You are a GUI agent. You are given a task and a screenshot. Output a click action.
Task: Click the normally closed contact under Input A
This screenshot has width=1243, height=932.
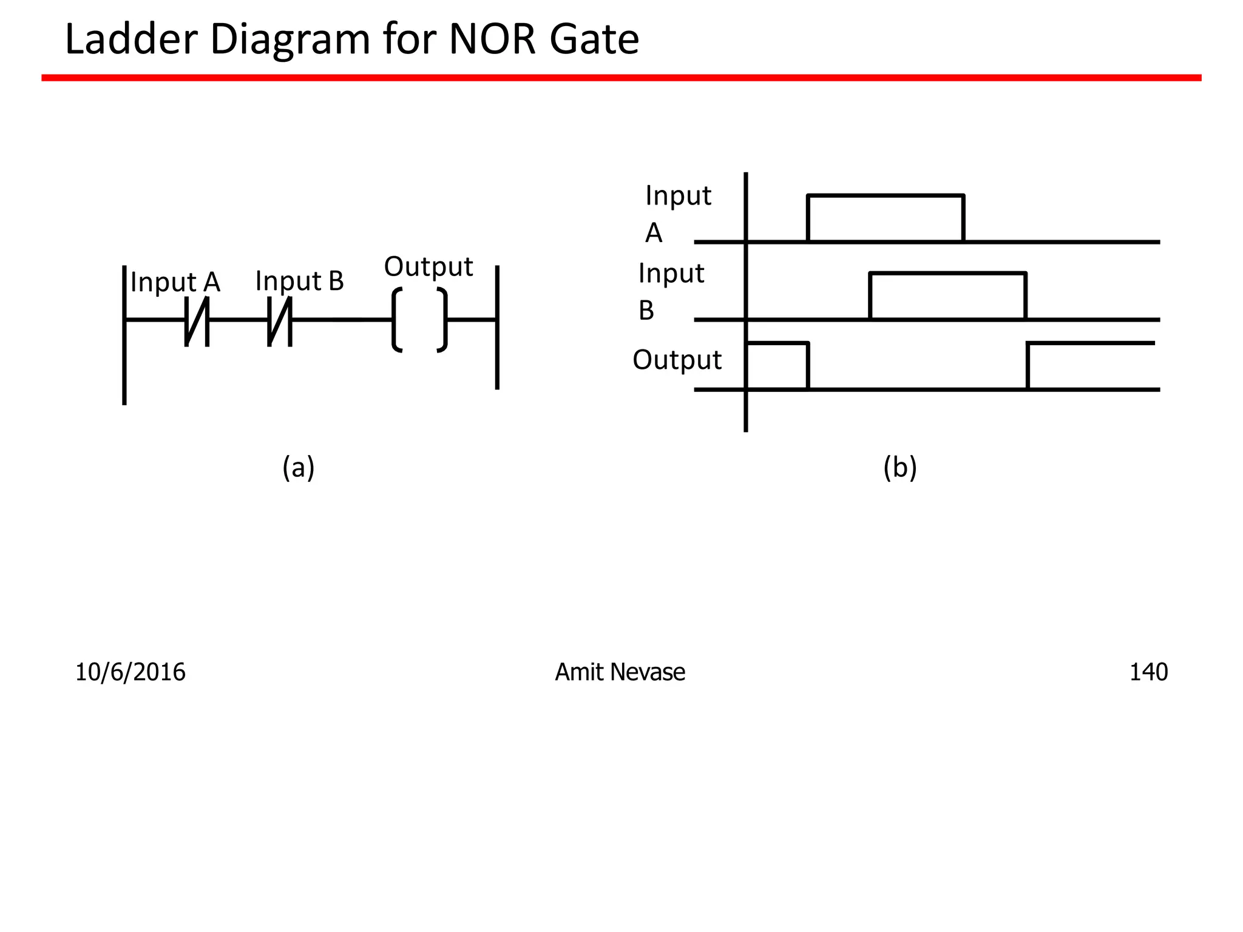click(x=197, y=321)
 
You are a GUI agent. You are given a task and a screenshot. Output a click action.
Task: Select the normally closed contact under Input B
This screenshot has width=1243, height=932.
click(x=280, y=321)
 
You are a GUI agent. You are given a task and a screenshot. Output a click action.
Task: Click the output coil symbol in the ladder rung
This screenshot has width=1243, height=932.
click(x=420, y=320)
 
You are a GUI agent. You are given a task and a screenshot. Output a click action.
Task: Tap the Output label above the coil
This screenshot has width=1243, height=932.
click(x=428, y=267)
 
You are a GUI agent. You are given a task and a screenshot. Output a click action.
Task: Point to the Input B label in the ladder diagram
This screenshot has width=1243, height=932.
click(x=300, y=281)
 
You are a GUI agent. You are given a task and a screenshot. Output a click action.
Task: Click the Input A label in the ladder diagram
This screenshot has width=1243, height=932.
click(x=175, y=282)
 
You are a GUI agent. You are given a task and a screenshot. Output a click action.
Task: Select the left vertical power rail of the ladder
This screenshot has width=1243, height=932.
click(x=124, y=364)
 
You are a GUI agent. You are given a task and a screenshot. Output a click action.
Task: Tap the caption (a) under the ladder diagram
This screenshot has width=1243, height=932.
click(x=298, y=468)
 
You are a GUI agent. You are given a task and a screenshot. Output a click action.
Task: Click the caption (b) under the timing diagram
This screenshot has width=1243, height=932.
click(x=899, y=468)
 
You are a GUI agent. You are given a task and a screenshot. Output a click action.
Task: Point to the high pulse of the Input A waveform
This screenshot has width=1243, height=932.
click(x=885, y=196)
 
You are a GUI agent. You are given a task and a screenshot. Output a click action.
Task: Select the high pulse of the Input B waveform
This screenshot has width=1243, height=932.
click(x=947, y=274)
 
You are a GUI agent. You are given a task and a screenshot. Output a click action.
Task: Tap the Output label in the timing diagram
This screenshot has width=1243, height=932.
click(x=677, y=360)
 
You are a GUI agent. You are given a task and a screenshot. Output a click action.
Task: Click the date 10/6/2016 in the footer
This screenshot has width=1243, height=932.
click(x=130, y=672)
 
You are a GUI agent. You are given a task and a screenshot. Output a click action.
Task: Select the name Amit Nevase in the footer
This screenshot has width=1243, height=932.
click(x=620, y=672)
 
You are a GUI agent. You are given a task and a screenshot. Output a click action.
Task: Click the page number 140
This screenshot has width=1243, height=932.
click(x=1148, y=672)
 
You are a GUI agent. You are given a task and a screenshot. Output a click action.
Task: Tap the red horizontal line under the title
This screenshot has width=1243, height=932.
click(x=621, y=78)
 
